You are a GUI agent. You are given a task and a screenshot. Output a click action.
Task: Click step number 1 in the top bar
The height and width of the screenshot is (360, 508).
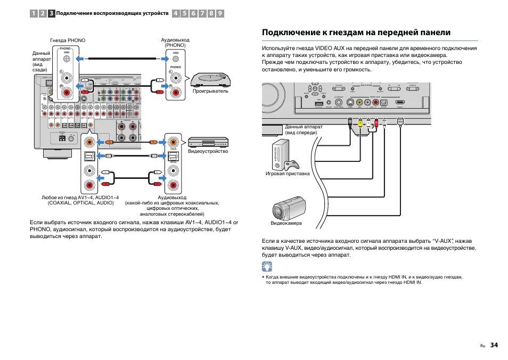coord(34,13)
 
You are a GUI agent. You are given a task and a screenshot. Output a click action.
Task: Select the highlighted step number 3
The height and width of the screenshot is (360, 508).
coord(51,13)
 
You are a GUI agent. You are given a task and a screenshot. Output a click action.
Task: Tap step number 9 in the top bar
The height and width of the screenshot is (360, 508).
coord(219,13)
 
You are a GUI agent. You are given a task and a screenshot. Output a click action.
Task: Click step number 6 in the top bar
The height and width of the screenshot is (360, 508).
coord(193,13)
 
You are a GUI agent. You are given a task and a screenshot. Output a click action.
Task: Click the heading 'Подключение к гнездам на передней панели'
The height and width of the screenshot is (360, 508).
coord(356,32)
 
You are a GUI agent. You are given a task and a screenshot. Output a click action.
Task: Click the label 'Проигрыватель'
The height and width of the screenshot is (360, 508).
coord(210,91)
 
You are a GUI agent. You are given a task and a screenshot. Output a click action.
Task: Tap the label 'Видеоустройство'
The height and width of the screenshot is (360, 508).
coord(208,151)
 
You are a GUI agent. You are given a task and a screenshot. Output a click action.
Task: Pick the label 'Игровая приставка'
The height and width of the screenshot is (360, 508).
coord(288,174)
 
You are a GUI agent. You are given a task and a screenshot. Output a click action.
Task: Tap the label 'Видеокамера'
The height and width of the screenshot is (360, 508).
coord(286,223)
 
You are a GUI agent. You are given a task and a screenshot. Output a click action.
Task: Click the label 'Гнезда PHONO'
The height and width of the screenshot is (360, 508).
coord(68,40)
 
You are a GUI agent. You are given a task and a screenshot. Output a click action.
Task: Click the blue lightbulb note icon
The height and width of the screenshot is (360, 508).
coord(267,267)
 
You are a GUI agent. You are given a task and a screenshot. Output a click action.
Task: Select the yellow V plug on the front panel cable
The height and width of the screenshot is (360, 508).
coord(360,124)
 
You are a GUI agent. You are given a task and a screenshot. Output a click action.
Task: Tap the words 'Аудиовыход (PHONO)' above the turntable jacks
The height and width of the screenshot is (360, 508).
coord(175,43)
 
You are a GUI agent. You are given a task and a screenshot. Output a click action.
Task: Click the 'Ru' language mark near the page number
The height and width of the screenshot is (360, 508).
coord(482,346)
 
